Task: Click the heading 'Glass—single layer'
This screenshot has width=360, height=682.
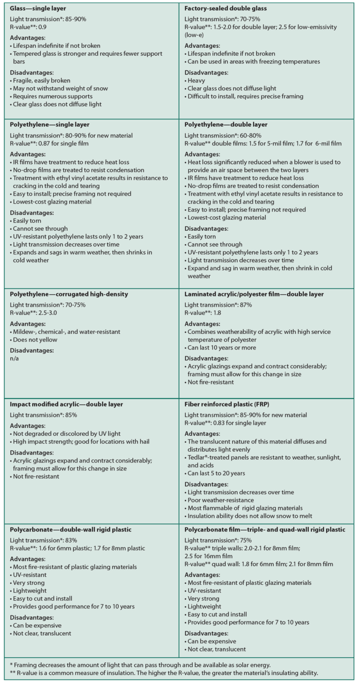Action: point(38,8)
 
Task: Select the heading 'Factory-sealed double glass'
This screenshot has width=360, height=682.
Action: point(225,8)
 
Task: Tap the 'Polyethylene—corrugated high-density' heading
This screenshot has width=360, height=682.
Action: point(69,294)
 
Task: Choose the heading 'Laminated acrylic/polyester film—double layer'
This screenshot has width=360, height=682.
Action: point(254,294)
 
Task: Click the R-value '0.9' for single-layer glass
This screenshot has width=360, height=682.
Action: point(42,27)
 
